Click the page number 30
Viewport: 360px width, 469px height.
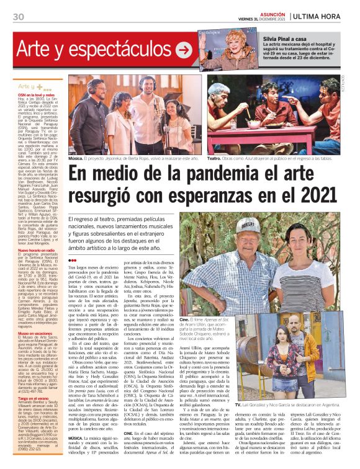18,17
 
